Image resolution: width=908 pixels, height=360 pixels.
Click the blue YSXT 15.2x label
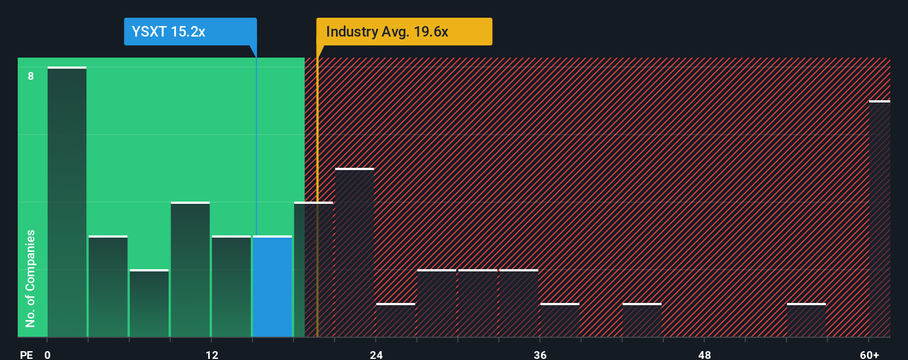coord(190,32)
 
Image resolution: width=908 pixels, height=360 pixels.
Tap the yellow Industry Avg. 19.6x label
coord(404,32)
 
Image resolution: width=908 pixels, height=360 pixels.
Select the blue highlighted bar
coord(272,286)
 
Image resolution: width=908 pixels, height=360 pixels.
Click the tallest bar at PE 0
coord(67,202)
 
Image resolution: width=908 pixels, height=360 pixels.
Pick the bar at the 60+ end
coord(879,219)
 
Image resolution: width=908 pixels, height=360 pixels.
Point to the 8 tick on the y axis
coord(31,76)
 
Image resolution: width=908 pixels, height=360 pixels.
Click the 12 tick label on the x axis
coord(211,354)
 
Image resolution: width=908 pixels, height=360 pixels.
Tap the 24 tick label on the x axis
coord(376,354)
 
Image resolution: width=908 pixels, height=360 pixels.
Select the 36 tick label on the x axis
coord(540,354)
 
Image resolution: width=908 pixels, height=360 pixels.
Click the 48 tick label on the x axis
coord(704,354)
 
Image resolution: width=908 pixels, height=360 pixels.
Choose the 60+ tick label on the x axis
coord(869,354)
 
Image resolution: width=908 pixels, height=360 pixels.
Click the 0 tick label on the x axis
coord(48,354)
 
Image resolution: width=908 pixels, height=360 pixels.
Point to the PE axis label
coord(27,354)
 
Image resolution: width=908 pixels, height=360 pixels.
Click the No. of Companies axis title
coord(30,278)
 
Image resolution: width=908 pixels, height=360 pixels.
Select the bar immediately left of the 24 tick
coord(354,253)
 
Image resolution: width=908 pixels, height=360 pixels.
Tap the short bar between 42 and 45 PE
coord(642,320)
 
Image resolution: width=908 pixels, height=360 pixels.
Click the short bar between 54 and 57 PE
coord(806,320)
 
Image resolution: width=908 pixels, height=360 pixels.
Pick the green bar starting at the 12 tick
coord(231,286)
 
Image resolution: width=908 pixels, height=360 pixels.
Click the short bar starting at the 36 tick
coord(560,320)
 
